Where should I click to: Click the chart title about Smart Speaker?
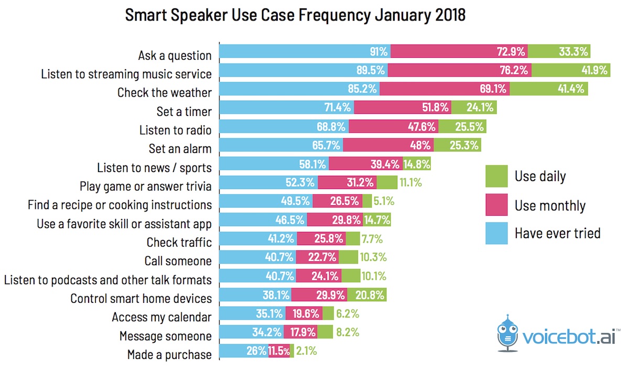tap(295, 16)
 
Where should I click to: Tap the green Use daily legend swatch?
tap(496, 176)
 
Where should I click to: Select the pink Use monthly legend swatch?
tap(496, 205)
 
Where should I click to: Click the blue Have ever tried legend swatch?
tap(496, 233)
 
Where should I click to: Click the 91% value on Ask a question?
tap(377, 51)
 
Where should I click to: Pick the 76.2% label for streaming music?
tap(514, 70)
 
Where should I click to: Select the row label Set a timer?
tap(184, 112)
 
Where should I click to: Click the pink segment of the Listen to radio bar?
tap(394, 127)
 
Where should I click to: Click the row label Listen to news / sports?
tap(155, 168)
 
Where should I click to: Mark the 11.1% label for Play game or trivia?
tap(410, 183)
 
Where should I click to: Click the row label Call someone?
tap(178, 261)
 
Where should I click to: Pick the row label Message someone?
tap(166, 336)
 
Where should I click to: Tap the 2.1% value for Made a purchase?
tap(306, 351)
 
